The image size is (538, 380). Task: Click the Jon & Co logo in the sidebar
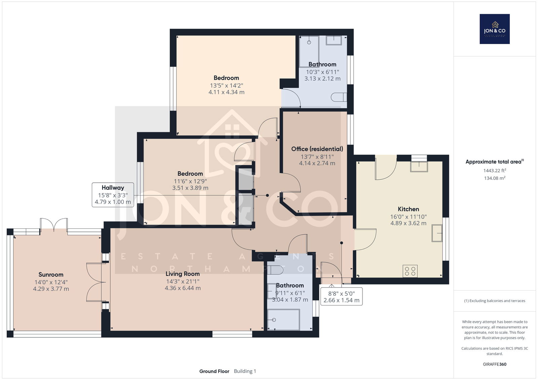point(495,29)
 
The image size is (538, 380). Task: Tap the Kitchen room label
point(408,209)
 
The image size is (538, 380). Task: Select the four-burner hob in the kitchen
point(410,271)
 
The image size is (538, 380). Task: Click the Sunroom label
point(51,275)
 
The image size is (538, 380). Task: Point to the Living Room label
point(183,274)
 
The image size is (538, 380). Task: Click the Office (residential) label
point(317,149)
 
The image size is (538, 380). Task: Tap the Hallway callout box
point(113,195)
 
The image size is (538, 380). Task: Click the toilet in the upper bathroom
point(339,97)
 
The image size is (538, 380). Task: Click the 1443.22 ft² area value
point(495,170)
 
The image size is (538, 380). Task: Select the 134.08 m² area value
point(495,178)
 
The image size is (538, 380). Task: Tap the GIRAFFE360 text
point(495,364)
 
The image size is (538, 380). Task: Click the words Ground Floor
point(214,371)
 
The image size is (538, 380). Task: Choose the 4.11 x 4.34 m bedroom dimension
point(227,92)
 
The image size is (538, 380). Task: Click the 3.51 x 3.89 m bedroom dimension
point(190,188)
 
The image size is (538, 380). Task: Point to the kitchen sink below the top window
point(419,167)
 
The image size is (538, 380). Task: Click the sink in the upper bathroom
point(334,40)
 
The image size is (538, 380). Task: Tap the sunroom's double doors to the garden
point(54,224)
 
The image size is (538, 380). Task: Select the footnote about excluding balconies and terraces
point(495,301)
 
